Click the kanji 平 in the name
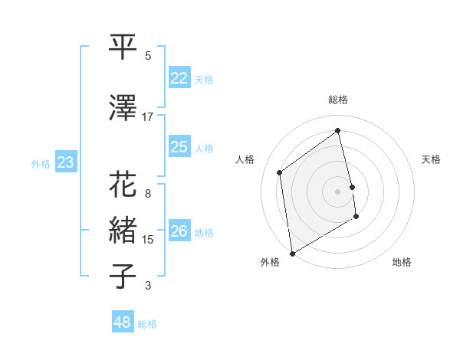coord(123,47)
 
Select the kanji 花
coord(123,185)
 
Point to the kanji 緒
coord(123,231)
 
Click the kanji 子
coord(123,277)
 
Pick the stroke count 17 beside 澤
coord(148,116)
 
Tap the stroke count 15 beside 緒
coord(148,240)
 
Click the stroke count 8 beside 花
coord(148,194)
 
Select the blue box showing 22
coord(179,78)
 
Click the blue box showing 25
coord(179,147)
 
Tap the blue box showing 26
coord(179,231)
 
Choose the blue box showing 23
coord(66,162)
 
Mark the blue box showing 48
coord(123,322)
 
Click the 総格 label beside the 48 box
coord(147,324)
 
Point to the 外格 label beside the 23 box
coord(41,163)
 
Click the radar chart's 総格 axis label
coord(338,100)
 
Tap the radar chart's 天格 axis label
coord(431,159)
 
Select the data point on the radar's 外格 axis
coord(292,254)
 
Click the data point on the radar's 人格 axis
coord(280,172)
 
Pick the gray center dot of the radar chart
coord(338,191)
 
